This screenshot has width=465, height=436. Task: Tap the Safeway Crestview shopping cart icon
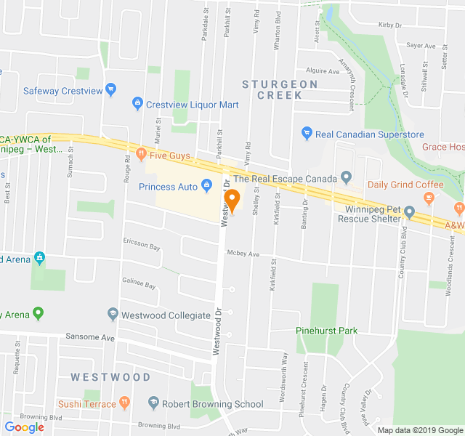point(110,91)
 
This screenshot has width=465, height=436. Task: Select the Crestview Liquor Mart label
point(192,105)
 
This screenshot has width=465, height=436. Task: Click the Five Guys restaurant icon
point(141,154)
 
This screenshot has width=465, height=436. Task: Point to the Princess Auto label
point(168,187)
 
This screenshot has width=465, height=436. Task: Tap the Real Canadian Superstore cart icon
point(307,134)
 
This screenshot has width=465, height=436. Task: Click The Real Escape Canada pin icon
point(346,178)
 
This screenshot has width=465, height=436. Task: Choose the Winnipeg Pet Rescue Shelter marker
point(409,212)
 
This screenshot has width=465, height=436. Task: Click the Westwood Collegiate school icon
point(113,315)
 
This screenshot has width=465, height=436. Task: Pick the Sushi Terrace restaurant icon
point(125,403)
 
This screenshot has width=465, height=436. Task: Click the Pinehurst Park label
point(327,331)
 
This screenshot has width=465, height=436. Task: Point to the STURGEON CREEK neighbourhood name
point(280,89)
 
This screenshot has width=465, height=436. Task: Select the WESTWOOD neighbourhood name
point(110,377)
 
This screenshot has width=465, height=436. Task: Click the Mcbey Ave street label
point(243,254)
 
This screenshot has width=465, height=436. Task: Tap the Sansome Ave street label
point(90,338)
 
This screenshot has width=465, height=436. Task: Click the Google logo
point(25,427)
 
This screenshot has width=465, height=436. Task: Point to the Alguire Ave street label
point(323,71)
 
